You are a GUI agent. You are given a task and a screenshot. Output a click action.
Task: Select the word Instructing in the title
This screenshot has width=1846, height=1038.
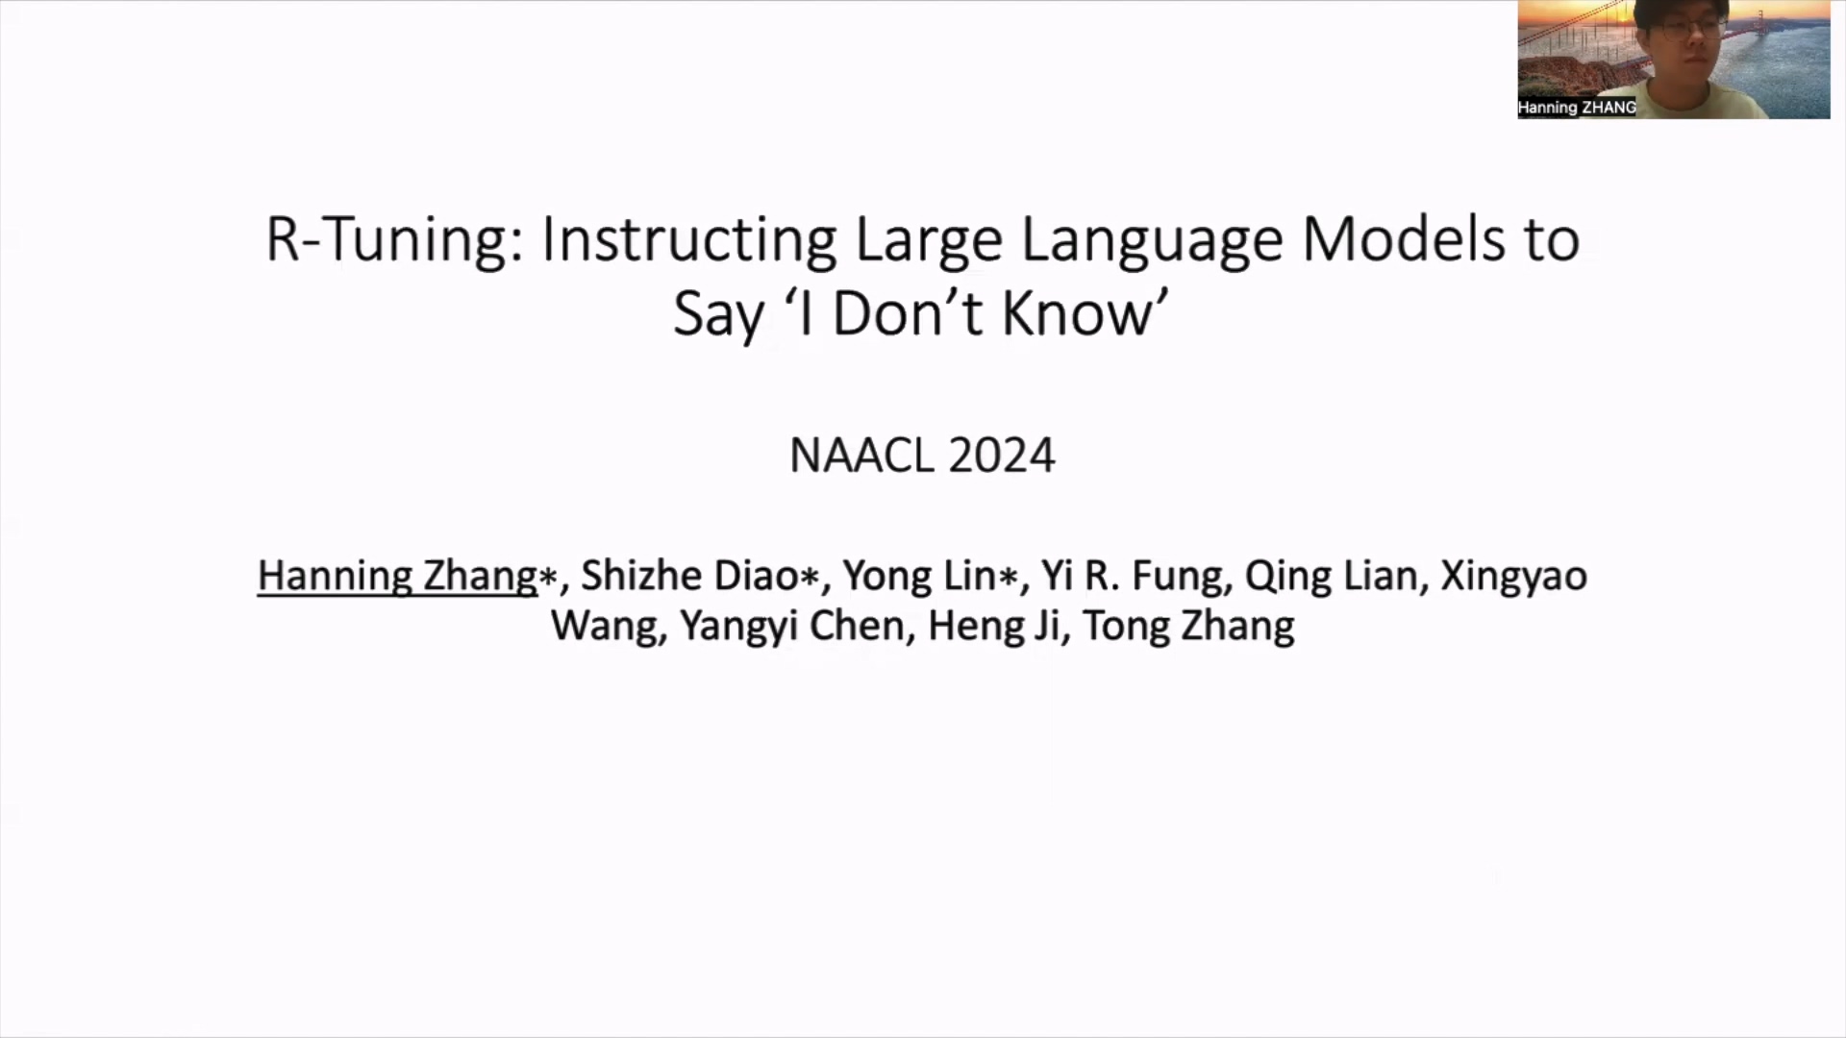pyautogui.click(x=688, y=240)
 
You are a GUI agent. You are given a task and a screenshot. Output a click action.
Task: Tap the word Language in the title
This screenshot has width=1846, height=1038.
pyautogui.click(x=1151, y=240)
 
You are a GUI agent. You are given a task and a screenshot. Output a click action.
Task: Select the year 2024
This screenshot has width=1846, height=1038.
pyautogui.click(x=1002, y=456)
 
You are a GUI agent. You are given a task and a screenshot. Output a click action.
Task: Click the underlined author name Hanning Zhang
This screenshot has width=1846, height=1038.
pyautogui.click(x=397, y=577)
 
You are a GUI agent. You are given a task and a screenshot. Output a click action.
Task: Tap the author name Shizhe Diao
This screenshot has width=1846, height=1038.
pyautogui.click(x=689, y=576)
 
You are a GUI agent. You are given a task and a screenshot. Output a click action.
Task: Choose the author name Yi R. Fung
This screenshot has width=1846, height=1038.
pyautogui.click(x=1132, y=577)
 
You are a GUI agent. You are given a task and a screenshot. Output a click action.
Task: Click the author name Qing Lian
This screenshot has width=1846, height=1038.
pyautogui.click(x=1331, y=577)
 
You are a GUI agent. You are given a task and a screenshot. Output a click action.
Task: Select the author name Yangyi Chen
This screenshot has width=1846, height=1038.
pyautogui.click(x=792, y=627)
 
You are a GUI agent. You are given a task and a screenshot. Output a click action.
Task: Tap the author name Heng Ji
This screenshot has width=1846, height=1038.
pyautogui.click(x=993, y=627)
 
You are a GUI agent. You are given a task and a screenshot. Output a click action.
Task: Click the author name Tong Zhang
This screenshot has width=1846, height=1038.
pyautogui.click(x=1188, y=627)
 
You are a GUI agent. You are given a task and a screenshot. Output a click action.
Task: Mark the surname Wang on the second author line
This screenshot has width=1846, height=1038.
pyautogui.click(x=605, y=627)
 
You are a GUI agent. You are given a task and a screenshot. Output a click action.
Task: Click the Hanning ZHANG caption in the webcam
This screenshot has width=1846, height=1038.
pyautogui.click(x=1577, y=108)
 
